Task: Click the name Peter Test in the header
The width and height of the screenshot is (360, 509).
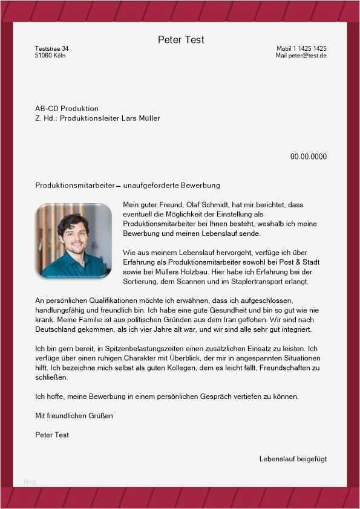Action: point(181,40)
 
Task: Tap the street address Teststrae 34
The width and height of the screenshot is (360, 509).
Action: point(52,48)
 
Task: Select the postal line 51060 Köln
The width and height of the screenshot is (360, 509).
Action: point(50,56)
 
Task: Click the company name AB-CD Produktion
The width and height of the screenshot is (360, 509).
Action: point(67,108)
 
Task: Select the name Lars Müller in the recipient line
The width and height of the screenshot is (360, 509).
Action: point(140,118)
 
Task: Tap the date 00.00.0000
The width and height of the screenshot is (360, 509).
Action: point(308,157)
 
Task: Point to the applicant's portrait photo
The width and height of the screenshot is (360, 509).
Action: point(74,240)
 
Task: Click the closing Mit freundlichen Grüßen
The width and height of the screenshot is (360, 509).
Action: point(74,416)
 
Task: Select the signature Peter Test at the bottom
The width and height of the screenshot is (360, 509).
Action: point(52,435)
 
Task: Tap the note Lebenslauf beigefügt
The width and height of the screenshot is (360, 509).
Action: point(293,459)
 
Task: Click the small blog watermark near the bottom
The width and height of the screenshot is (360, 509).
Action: point(30,481)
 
